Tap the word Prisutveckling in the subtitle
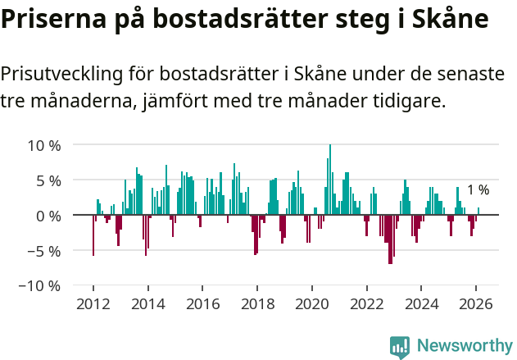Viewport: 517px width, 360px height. tap(61, 74)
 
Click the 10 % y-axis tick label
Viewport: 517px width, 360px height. tap(44, 145)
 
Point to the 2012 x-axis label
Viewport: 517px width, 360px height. tap(93, 304)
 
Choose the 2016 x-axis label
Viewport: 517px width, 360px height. tap(202, 304)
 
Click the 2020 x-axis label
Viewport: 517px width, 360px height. tap(312, 304)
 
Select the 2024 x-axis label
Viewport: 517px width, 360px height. tap(422, 304)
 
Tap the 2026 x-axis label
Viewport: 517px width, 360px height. tap(477, 304)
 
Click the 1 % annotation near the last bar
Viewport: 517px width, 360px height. tap(478, 190)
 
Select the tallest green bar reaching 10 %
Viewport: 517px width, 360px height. tap(330, 180)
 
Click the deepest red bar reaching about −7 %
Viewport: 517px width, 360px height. tap(390, 239)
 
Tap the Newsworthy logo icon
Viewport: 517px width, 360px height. tap(400, 346)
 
